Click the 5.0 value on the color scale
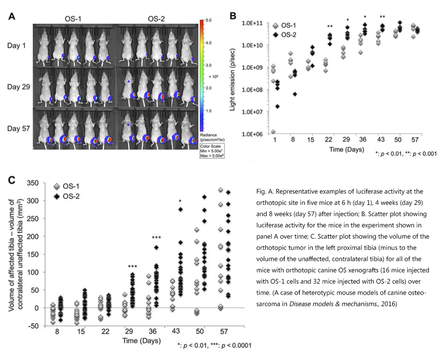tap(209, 21)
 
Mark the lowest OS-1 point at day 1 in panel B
tap(273, 132)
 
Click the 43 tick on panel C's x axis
tap(179, 332)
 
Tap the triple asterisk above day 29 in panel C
tap(133, 267)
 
